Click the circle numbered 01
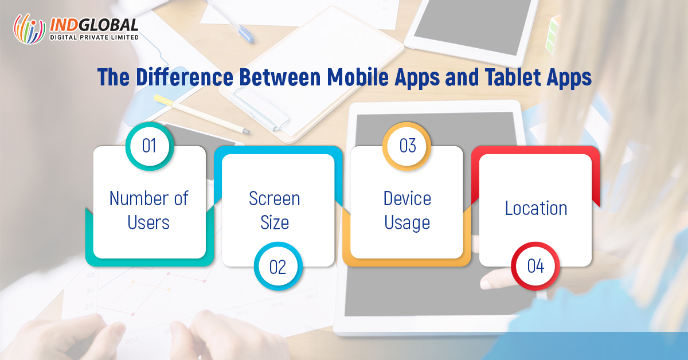coord(149,146)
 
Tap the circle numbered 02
coord(277,267)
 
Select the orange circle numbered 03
coord(407,146)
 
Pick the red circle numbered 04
coord(535,267)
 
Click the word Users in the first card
coord(148,223)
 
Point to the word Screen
coord(274,198)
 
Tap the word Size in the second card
coord(274,223)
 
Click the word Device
coord(407,198)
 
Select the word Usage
coord(407,223)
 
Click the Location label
coord(536,208)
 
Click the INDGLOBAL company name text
coord(94,25)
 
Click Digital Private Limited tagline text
coord(94,38)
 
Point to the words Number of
coord(148,198)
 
